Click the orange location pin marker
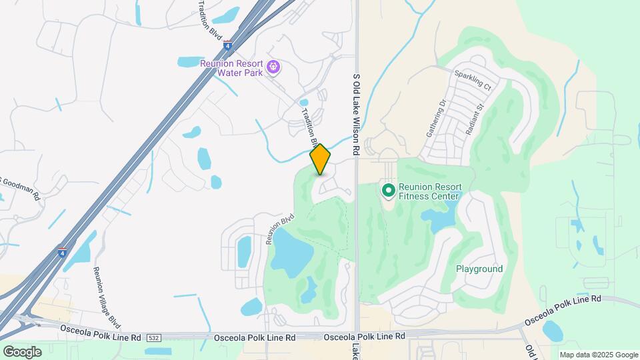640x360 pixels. (x=320, y=159)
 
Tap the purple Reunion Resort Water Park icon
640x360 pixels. (x=273, y=67)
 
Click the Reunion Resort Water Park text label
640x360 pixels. (x=232, y=68)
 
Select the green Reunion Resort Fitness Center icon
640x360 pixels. (x=388, y=191)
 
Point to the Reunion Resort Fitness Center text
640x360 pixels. (x=429, y=191)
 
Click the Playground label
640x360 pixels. (x=479, y=269)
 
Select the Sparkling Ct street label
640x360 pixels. (x=472, y=81)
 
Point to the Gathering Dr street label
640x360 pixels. (x=435, y=118)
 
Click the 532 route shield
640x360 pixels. (x=154, y=338)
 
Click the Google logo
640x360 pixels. (x=22, y=351)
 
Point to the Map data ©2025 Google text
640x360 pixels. (x=598, y=355)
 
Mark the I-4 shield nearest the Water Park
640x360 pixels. (x=227, y=45)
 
